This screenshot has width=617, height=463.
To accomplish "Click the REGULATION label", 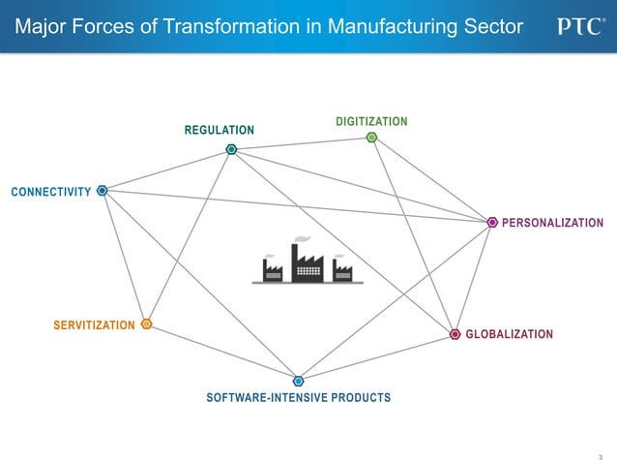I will click(x=220, y=130).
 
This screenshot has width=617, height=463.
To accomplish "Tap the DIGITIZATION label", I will click(x=371, y=121).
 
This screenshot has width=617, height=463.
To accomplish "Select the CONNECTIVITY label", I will click(x=50, y=192).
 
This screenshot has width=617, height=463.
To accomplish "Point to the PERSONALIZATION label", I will click(x=552, y=223).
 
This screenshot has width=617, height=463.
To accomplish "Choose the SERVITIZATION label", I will click(x=94, y=324).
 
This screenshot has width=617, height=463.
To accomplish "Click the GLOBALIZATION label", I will click(x=509, y=334).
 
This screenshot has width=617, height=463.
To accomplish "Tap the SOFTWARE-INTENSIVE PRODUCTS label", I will click(x=298, y=397).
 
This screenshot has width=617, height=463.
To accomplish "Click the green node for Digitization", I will click(x=371, y=138).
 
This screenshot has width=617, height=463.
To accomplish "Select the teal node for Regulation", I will click(x=231, y=149).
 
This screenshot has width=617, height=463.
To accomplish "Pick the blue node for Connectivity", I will click(x=102, y=191).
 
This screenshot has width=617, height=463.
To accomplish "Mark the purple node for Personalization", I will click(x=492, y=223).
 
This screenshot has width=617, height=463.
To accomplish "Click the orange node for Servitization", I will click(x=146, y=324).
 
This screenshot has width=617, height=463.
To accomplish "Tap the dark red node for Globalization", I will click(x=455, y=334).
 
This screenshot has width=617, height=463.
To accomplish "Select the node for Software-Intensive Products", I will click(x=298, y=381).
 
